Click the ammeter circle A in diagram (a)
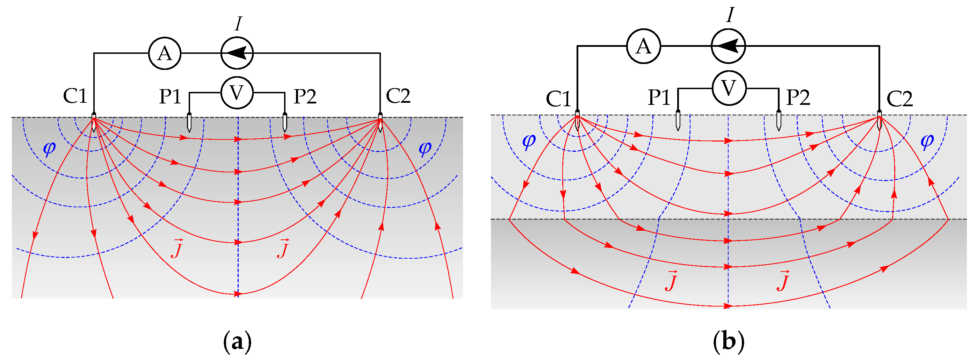coord(165,53)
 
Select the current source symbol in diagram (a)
coord(237,53)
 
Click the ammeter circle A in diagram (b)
coord(644,46)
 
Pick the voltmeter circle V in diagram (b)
coord(729,88)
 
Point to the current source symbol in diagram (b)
coord(728,46)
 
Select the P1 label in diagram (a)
coord(170,96)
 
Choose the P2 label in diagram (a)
coord(305,96)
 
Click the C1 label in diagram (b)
coord(558,99)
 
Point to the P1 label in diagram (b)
coord(659,98)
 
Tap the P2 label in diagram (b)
coord(798,98)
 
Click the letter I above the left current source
coord(238,24)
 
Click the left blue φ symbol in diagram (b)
coord(529,141)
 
